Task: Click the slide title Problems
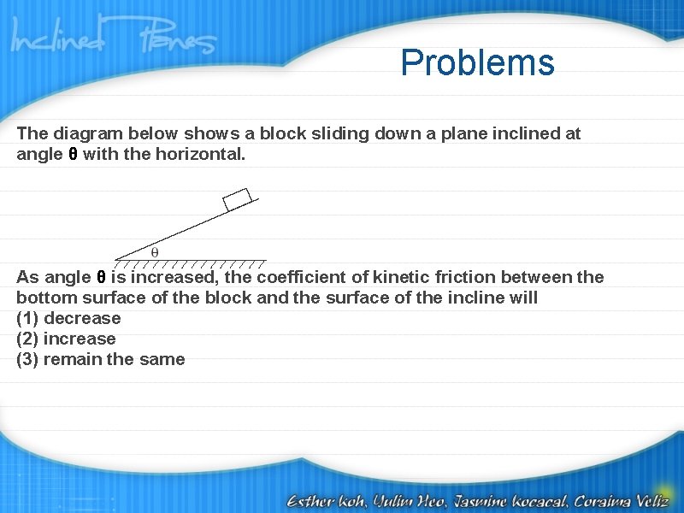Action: (477, 62)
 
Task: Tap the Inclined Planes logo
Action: (113, 40)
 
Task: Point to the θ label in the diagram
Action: (155, 252)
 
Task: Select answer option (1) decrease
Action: (68, 318)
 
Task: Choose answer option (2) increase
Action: (66, 339)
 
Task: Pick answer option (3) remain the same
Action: (100, 359)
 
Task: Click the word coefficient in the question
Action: (298, 277)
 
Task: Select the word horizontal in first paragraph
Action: (200, 154)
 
